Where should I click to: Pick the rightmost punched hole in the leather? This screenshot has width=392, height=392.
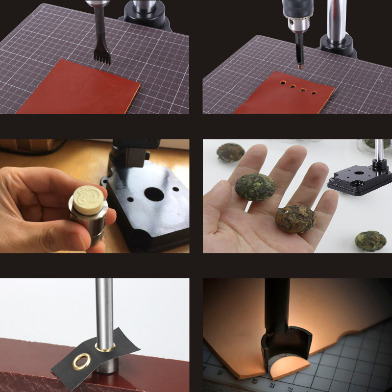(x=314, y=93)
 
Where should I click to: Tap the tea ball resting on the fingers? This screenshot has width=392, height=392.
(x=255, y=186)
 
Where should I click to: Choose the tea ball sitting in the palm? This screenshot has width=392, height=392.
(x=295, y=218)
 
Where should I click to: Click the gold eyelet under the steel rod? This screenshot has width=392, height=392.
(x=105, y=347)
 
